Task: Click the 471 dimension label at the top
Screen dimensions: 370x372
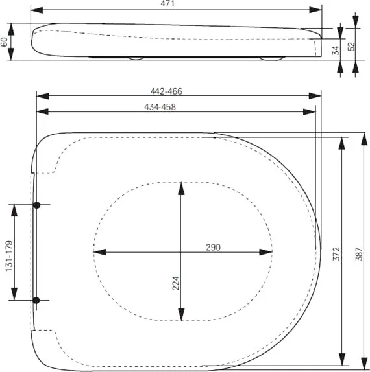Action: pyautogui.click(x=167, y=3)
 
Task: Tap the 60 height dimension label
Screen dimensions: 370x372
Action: pyautogui.click(x=4, y=42)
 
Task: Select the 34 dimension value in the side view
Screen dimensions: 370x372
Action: pyautogui.click(x=336, y=51)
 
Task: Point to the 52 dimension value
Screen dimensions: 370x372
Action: pyautogui.click(x=351, y=47)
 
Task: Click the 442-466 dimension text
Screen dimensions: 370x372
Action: pyautogui.click(x=166, y=91)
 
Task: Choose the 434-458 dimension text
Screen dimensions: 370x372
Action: pyautogui.click(x=160, y=107)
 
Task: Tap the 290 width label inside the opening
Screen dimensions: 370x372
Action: pyautogui.click(x=213, y=247)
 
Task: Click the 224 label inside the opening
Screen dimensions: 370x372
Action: pyautogui.click(x=176, y=283)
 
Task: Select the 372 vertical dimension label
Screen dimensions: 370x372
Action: pyautogui.click(x=336, y=253)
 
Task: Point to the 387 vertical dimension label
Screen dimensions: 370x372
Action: pyautogui.click(x=359, y=254)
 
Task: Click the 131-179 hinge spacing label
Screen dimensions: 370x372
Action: pyautogui.click(x=9, y=256)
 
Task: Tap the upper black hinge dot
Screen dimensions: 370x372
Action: pyautogui.click(x=36, y=205)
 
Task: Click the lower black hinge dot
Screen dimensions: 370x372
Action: pyautogui.click(x=36, y=300)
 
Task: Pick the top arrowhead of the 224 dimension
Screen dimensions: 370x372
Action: pyautogui.click(x=181, y=189)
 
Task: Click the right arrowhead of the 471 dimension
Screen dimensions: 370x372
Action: pyautogui.click(x=315, y=10)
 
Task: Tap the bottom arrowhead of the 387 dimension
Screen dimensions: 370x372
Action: pyautogui.click(x=364, y=364)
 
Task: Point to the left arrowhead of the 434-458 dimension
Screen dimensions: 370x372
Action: pyautogui.click(x=43, y=111)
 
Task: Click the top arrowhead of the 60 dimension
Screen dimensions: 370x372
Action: pyautogui.click(x=11, y=30)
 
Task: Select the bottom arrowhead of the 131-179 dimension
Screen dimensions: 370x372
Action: pyautogui.click(x=14, y=294)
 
